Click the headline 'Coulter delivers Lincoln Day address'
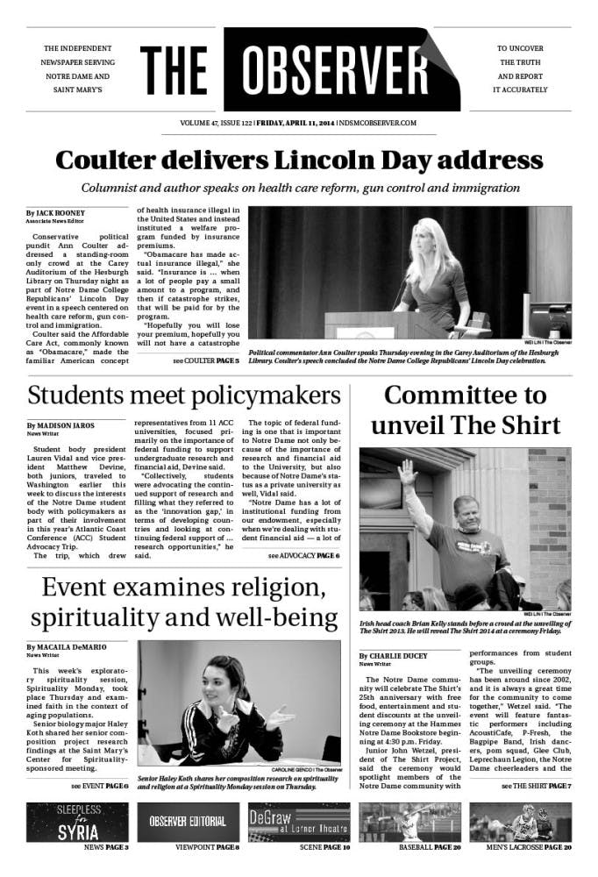coord(298,160)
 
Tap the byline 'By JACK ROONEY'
coord(55,213)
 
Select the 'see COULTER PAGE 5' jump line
coord(206,360)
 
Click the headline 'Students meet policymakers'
coord(183,396)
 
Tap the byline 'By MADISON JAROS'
coord(62,425)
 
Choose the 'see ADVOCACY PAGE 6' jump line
coord(303,556)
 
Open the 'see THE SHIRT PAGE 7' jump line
coord(536,785)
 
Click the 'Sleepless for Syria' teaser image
coord(77,821)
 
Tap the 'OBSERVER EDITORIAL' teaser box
coord(188,822)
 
